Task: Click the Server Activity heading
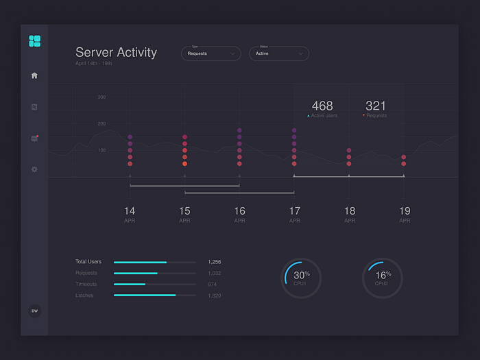(116, 52)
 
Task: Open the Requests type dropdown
(211, 53)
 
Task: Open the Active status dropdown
(278, 53)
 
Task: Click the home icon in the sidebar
(34, 75)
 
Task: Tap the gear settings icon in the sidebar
(34, 169)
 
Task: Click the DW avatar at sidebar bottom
(34, 311)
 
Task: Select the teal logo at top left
(34, 41)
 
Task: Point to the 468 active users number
(322, 106)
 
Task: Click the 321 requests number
(375, 106)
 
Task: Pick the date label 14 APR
(130, 215)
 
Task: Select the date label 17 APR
(294, 215)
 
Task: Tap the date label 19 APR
(405, 215)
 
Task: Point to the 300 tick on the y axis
(101, 97)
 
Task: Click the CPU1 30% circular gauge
(300, 278)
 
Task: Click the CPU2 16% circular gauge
(382, 278)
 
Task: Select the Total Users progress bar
(154, 262)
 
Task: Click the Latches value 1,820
(214, 296)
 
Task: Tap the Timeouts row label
(86, 284)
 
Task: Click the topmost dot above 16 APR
(239, 130)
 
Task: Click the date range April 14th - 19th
(94, 64)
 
